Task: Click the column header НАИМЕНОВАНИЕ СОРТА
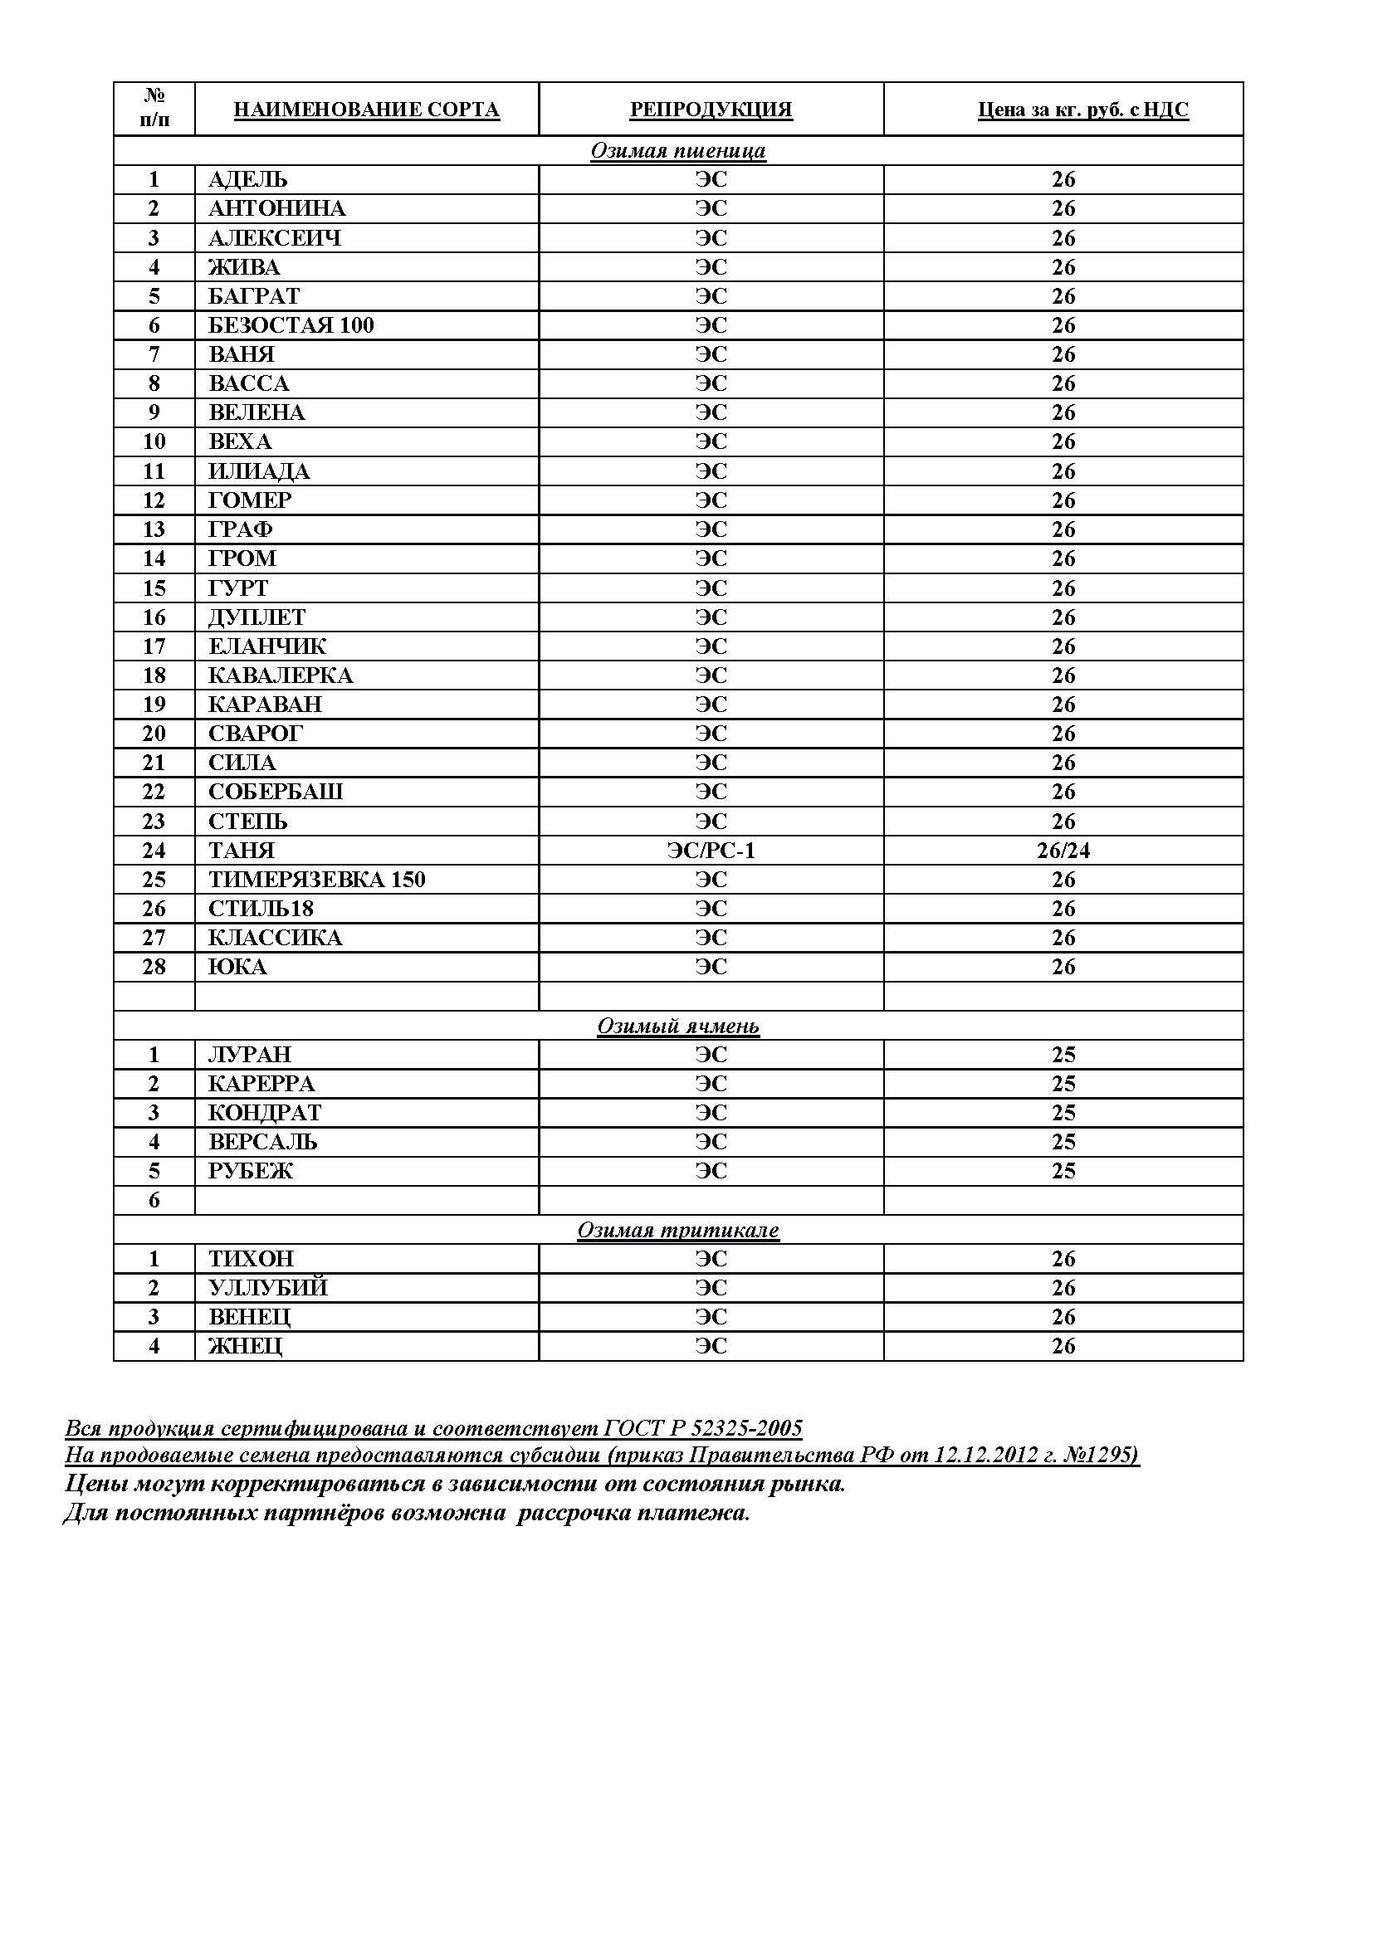[x=366, y=110]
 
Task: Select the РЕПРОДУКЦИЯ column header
[x=711, y=110]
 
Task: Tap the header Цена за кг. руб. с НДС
[x=1083, y=110]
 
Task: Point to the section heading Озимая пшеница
[x=678, y=150]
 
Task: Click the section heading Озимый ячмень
[x=678, y=1026]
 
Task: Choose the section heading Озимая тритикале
[x=678, y=1230]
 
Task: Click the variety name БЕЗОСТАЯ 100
[x=291, y=325]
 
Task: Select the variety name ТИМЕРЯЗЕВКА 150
[x=317, y=879]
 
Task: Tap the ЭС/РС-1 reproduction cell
[x=711, y=851]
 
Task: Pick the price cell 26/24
[x=1063, y=851]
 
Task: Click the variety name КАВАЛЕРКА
[x=281, y=675]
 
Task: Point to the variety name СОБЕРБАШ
[x=276, y=792]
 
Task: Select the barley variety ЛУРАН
[x=249, y=1055]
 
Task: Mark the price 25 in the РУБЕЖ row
[x=1063, y=1171]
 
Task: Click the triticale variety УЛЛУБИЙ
[x=268, y=1288]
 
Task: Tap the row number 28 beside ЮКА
[x=154, y=966]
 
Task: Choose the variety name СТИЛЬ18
[x=261, y=909]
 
